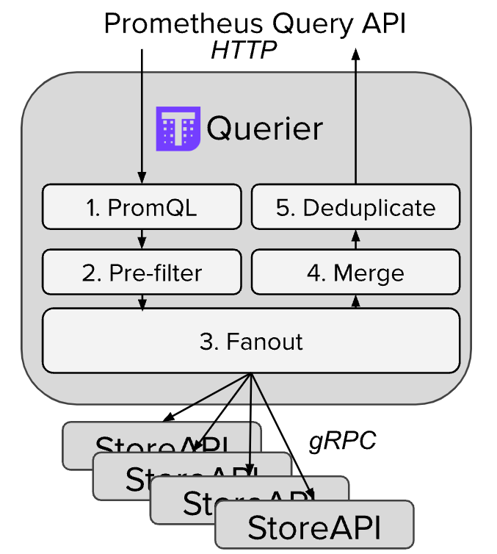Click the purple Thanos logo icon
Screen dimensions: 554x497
tap(178, 129)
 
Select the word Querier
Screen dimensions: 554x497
tap(264, 129)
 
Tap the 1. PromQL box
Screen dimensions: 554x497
tap(142, 207)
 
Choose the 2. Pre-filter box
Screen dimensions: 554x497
tap(142, 273)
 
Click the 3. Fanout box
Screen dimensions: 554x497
tap(251, 341)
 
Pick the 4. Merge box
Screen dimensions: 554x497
tap(356, 273)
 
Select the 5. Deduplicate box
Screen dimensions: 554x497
tap(356, 207)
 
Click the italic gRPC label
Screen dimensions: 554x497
tap(343, 440)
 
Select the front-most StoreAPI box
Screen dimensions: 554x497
tap(314, 527)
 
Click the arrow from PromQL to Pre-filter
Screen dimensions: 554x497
tap(142, 240)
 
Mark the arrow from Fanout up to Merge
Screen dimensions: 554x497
tap(356, 301)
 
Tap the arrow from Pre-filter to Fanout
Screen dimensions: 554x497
tap(142, 301)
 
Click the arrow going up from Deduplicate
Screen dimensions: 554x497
tap(356, 118)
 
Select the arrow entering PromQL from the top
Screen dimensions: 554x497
tap(142, 118)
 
